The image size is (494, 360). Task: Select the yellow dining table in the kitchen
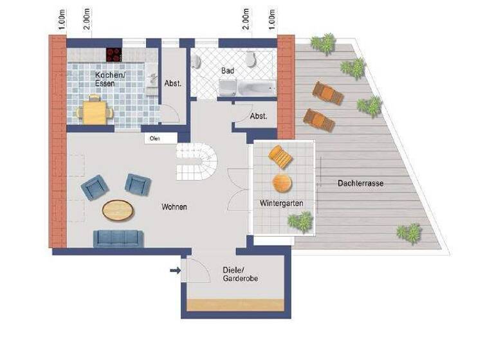95,113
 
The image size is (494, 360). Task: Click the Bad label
227,70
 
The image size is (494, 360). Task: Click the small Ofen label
154,138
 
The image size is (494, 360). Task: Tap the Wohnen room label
174,207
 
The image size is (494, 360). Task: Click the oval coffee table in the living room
119,210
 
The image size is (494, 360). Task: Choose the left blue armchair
95,188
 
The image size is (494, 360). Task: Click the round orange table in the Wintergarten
282,183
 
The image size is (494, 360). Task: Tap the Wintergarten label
282,203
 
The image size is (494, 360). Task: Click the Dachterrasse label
360,183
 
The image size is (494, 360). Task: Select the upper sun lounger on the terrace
327,94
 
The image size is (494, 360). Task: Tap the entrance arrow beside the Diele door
174,271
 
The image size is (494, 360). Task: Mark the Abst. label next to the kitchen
173,83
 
